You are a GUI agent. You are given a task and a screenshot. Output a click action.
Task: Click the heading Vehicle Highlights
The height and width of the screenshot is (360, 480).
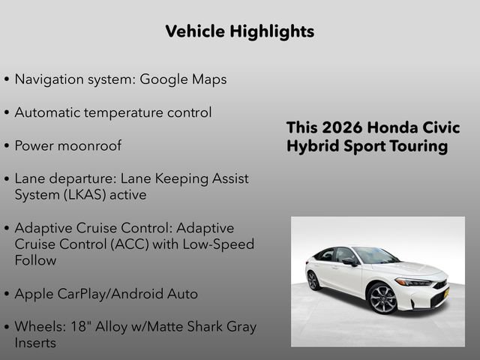[239, 31]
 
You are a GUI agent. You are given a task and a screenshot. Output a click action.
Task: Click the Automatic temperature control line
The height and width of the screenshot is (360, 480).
[112, 112]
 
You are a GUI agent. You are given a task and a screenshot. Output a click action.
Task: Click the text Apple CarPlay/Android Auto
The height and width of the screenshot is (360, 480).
[106, 294]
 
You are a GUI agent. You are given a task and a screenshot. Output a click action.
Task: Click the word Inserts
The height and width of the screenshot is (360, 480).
[35, 343]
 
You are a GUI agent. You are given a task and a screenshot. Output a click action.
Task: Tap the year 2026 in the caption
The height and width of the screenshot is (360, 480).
[337, 127]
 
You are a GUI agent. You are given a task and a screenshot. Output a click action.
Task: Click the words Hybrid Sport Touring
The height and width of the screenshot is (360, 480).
[367, 146]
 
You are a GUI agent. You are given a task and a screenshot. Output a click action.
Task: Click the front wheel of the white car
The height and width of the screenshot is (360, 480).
[382, 298]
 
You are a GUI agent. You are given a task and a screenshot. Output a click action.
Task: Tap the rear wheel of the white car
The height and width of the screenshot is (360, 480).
[313, 280]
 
